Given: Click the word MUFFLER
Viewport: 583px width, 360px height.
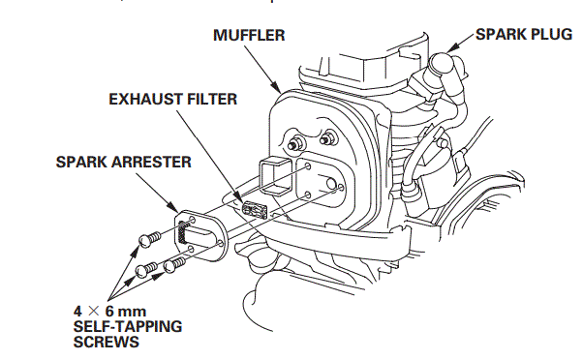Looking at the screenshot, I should (x=247, y=36).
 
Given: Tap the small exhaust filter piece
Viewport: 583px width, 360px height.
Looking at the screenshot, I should (x=257, y=211).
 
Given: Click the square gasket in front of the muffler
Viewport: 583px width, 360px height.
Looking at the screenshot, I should (x=274, y=179).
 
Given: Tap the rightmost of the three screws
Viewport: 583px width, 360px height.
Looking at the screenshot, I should (x=175, y=262).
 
